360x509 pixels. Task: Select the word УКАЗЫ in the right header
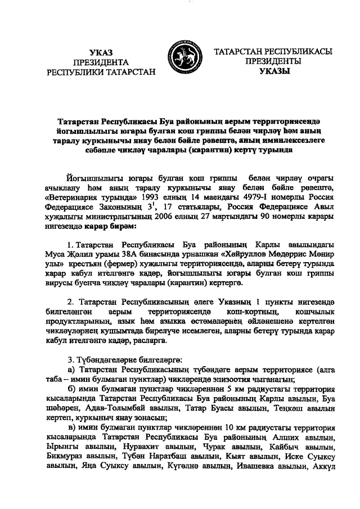point(274,71)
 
